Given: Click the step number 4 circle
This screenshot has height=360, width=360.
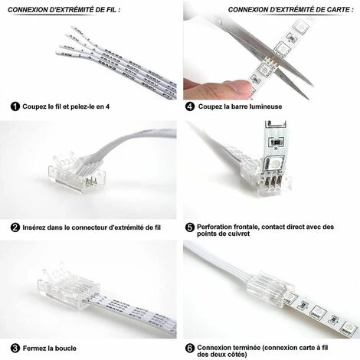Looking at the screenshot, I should click(189, 106).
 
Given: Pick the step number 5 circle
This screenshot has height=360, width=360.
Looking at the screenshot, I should click(189, 227).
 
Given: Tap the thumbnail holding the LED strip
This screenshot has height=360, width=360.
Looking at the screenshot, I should click(242, 87).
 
